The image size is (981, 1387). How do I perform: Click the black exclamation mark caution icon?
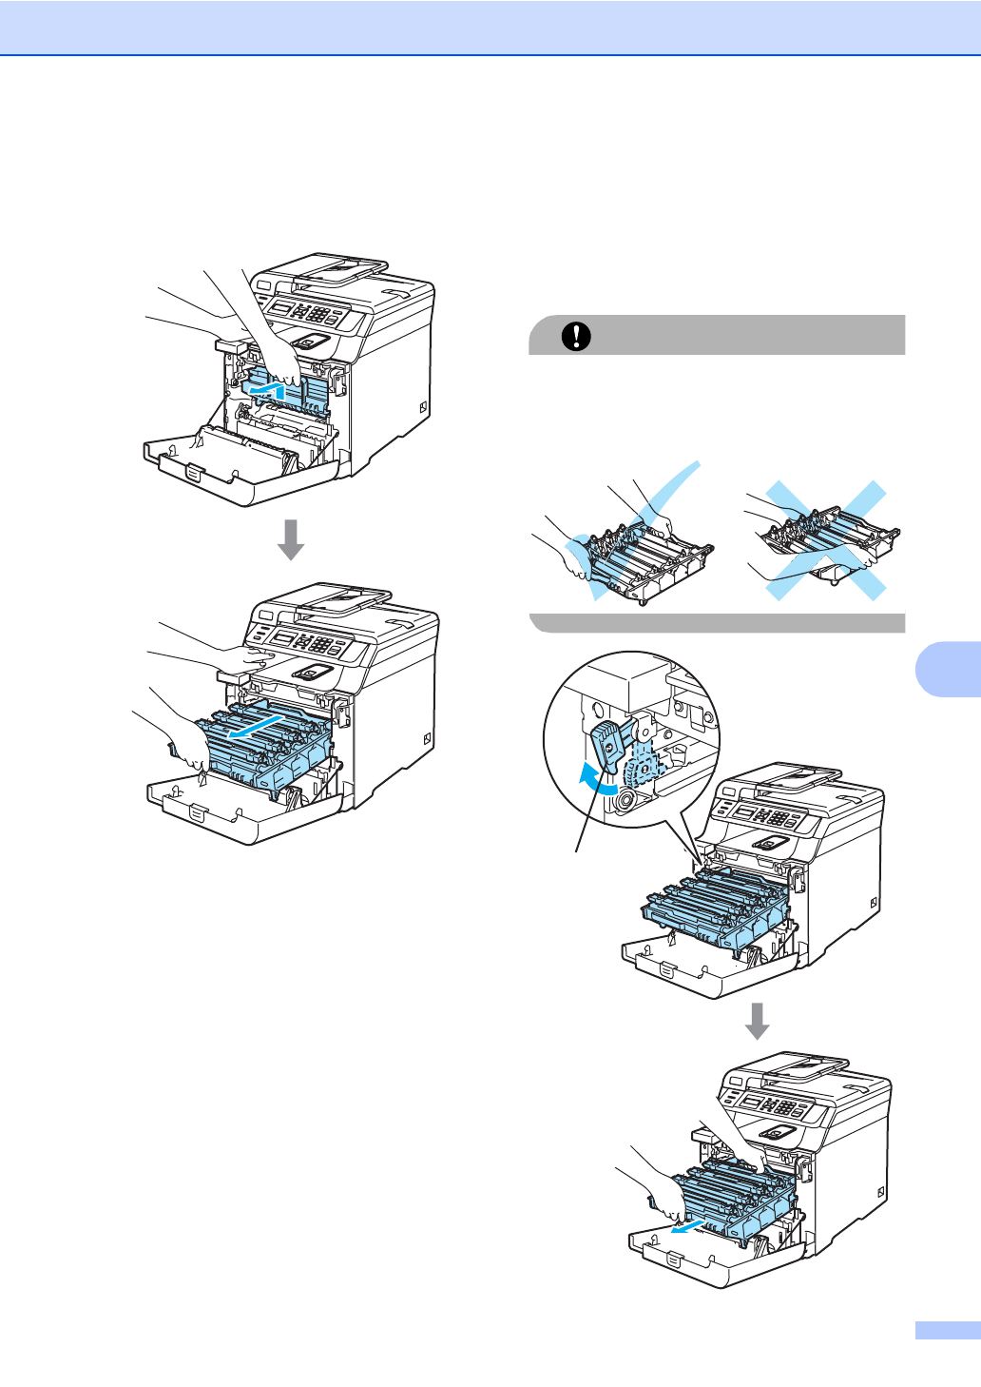(x=576, y=336)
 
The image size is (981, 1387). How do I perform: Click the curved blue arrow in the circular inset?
(x=596, y=779)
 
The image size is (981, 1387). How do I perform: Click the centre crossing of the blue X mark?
(x=820, y=540)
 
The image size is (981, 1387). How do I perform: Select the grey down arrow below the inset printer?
(x=757, y=1022)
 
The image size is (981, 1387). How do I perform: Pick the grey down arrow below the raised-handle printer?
(x=291, y=539)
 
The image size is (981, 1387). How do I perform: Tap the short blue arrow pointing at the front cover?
(x=685, y=1225)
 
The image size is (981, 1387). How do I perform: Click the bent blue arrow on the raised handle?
(x=264, y=388)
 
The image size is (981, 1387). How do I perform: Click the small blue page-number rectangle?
(x=948, y=1331)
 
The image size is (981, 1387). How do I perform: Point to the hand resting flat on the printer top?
(x=252, y=655)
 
